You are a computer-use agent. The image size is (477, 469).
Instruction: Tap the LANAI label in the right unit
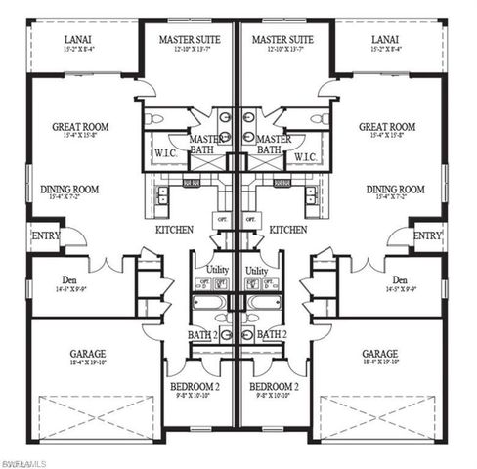(x=384, y=40)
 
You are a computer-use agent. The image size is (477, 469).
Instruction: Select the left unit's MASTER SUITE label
(x=190, y=40)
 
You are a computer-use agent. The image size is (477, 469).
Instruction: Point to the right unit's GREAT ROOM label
(x=384, y=127)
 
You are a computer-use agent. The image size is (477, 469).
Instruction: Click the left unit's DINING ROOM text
(x=68, y=190)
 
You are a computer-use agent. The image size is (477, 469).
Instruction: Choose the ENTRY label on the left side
(x=44, y=236)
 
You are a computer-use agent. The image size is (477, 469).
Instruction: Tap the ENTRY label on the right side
(x=426, y=236)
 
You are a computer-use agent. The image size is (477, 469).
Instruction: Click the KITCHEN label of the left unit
(x=174, y=230)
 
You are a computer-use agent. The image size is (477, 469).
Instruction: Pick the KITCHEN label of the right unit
(x=289, y=230)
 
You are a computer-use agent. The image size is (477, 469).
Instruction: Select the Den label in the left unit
(x=68, y=279)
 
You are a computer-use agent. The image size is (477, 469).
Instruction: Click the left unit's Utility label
(x=212, y=271)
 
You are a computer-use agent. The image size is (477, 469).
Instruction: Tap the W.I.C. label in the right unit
(x=304, y=156)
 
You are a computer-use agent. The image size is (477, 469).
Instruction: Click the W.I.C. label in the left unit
(x=164, y=156)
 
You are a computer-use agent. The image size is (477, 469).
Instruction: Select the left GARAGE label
(x=88, y=354)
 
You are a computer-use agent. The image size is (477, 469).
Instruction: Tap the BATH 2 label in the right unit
(x=271, y=333)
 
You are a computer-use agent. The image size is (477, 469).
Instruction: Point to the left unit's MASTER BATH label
(x=202, y=145)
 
